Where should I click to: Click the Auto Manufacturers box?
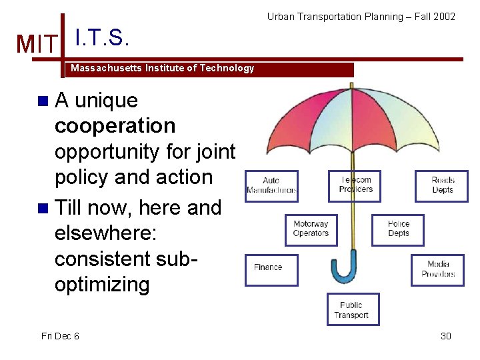tap(271, 185)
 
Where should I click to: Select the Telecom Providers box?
tap(355, 185)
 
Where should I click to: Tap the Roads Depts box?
tap(441, 185)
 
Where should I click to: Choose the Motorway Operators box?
tap(311, 229)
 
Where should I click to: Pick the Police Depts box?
tap(398, 229)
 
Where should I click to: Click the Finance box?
tap(271, 268)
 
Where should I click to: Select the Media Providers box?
tap(437, 269)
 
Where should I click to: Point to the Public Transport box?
tap(353, 310)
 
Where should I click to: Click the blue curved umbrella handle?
tap(345, 271)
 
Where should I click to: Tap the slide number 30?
tap(445, 336)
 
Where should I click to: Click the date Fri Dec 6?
tap(60, 336)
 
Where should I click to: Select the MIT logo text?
tap(37, 45)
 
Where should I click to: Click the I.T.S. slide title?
tap(101, 38)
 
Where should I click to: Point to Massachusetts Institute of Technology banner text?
tap(162, 69)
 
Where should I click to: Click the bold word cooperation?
tap(115, 126)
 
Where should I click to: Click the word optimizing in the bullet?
tap(102, 285)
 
